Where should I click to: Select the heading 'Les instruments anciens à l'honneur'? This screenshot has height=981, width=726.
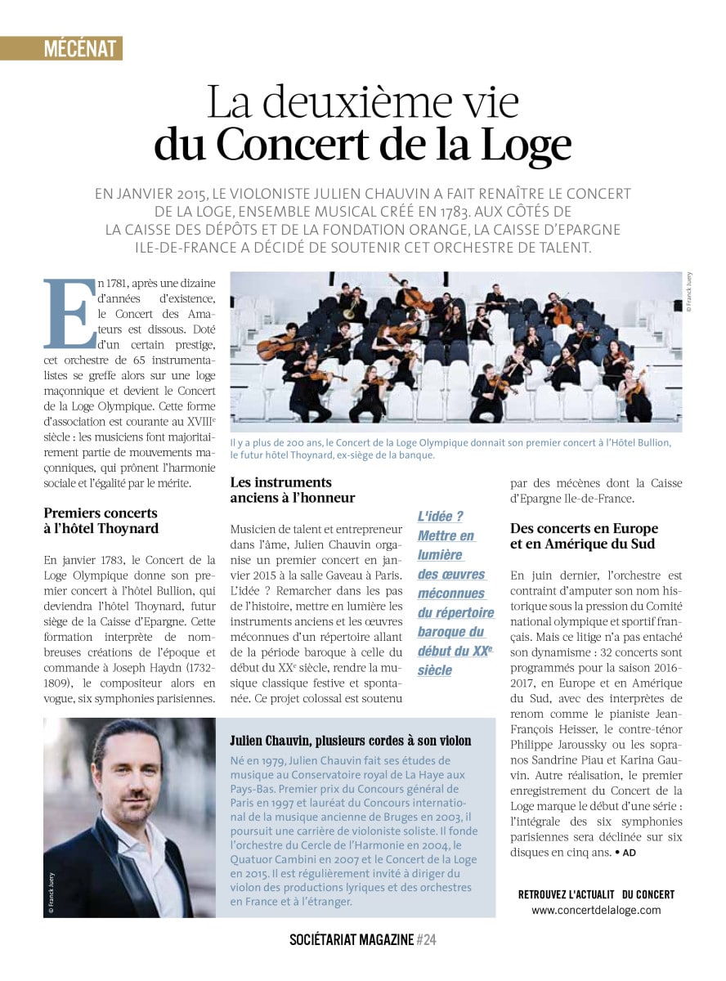pos(293,490)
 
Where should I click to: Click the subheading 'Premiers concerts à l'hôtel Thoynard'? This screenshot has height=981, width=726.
pos(101,521)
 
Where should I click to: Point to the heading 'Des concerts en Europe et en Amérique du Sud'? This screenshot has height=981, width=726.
pos(582,536)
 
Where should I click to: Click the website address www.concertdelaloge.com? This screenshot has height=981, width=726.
pos(596,910)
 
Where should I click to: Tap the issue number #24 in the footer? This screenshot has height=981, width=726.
pos(427,940)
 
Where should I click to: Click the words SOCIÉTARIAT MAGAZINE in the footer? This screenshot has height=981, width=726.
pos(352,940)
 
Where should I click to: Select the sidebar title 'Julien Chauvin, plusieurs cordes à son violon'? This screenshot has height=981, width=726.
pos(351,741)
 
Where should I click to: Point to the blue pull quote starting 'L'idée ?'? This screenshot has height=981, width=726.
pos(455,593)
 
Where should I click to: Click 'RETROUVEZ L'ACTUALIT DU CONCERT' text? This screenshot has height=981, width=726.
pos(596,894)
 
